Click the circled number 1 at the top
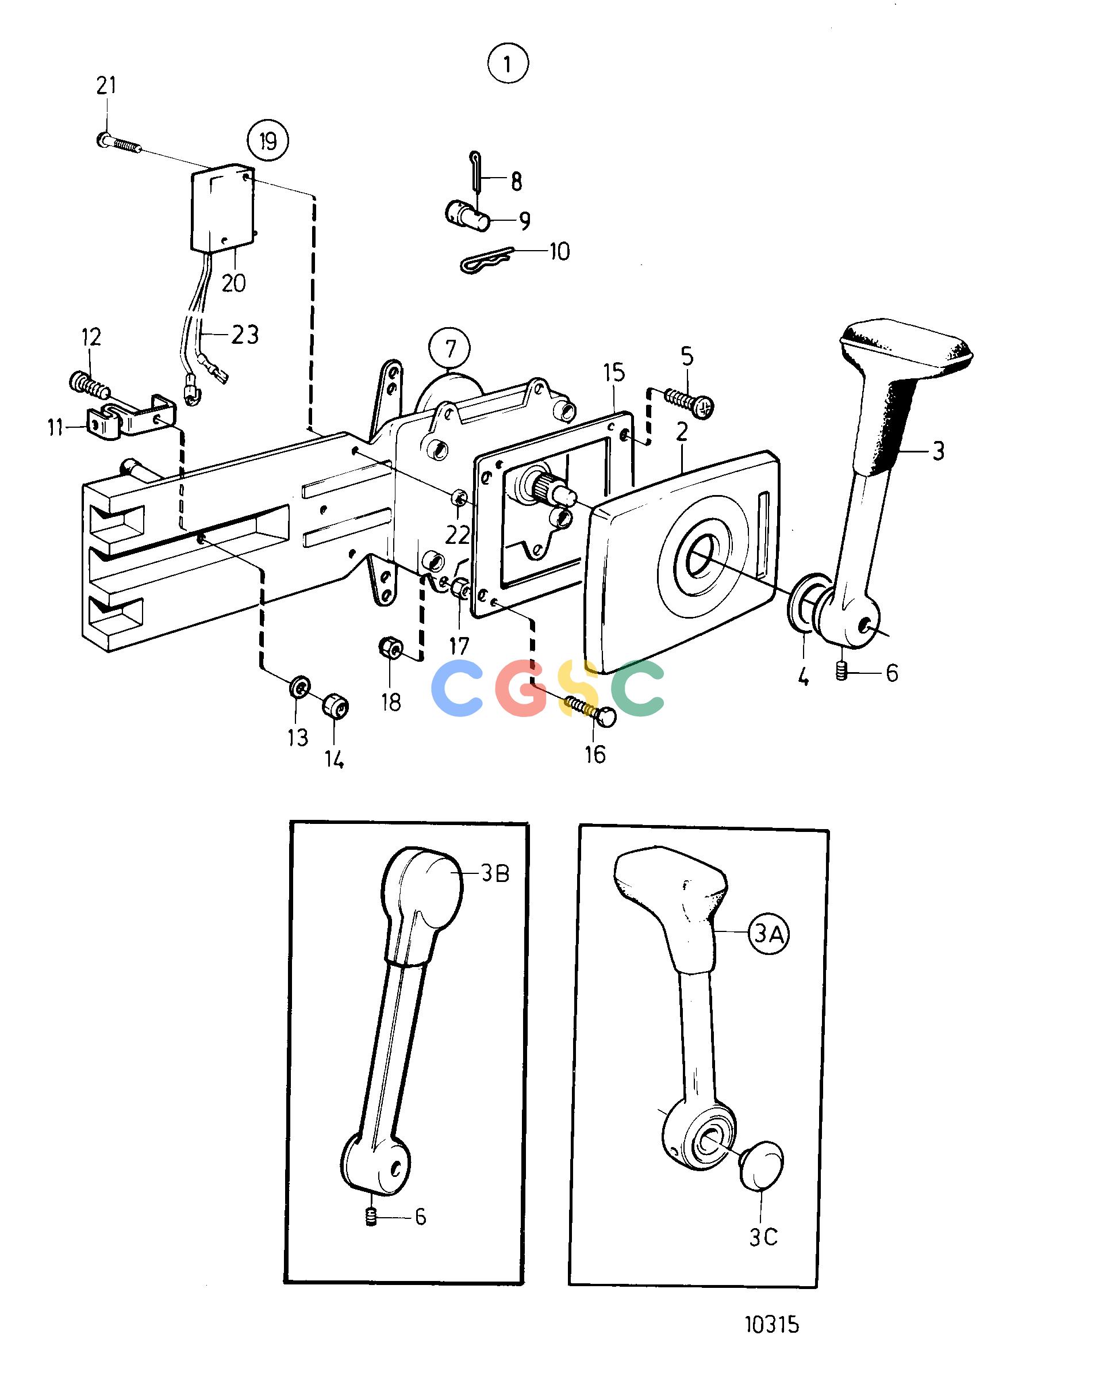point(508,64)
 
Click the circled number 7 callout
point(450,349)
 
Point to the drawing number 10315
point(772,1325)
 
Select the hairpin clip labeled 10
point(489,259)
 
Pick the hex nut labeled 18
point(390,650)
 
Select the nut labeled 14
point(335,705)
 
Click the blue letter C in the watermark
point(457,689)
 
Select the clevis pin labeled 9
point(467,215)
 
